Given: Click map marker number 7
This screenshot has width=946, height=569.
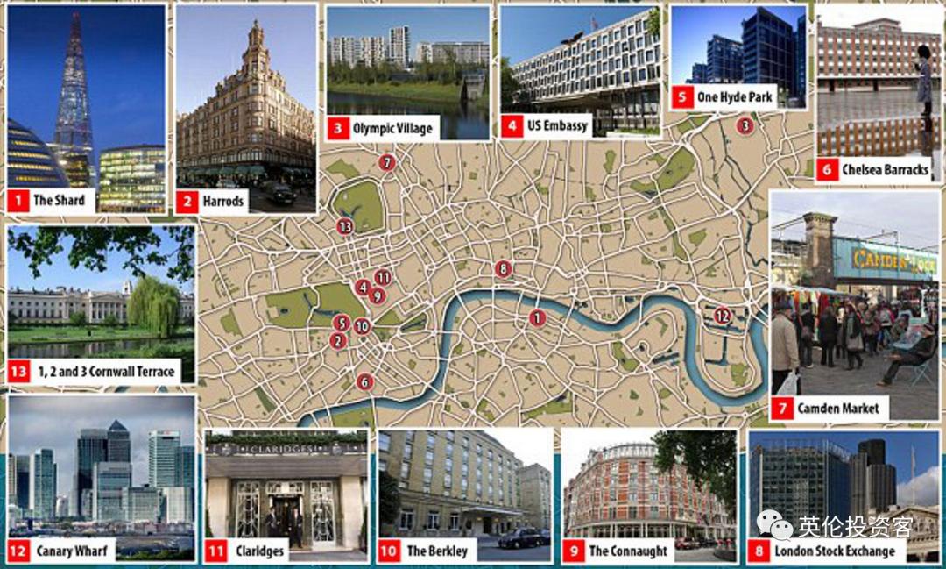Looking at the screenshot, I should [387, 162].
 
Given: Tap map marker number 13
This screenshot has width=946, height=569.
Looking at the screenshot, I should [344, 227].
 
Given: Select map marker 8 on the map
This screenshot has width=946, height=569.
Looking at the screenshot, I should [502, 268].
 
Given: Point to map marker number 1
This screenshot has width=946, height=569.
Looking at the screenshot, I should [537, 318].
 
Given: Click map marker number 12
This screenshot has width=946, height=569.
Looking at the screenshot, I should [722, 316].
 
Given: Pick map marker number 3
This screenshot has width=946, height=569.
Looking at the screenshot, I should [745, 125].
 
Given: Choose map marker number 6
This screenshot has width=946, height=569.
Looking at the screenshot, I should [364, 381].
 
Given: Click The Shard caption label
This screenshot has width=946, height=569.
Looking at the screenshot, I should [59, 200].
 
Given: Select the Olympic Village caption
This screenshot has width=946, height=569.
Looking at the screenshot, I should [392, 128].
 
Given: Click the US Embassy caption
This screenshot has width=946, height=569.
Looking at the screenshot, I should [557, 125].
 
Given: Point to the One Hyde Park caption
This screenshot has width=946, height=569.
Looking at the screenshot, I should [734, 96].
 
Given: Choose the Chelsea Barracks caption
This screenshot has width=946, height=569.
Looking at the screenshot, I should [884, 170].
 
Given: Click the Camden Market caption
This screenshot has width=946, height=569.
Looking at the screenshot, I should [837, 408].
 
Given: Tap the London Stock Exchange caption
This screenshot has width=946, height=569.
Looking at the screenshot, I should [834, 551].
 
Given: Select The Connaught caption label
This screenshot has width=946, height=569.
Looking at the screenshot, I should [627, 551].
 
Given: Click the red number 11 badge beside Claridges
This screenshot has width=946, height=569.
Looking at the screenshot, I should [215, 551].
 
